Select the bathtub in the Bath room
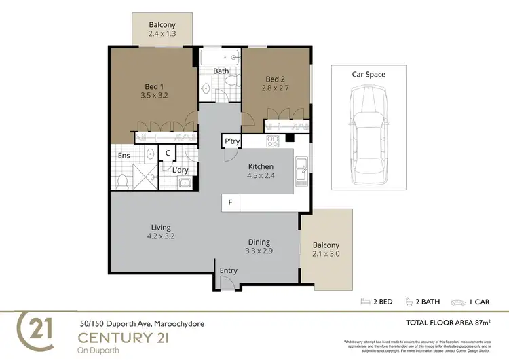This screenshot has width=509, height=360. coord(220,57)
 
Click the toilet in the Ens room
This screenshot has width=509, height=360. coord(123,181)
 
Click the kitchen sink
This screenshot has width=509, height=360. coord(302,164)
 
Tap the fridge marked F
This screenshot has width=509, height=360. coord(230,202)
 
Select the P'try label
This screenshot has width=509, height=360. coord(231,141)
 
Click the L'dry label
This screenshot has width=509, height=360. coord(180,170)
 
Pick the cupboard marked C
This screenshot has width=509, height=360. coord(167,154)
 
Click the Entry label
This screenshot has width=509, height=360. coord(229,270)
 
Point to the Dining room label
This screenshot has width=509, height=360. coord(259,242)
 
